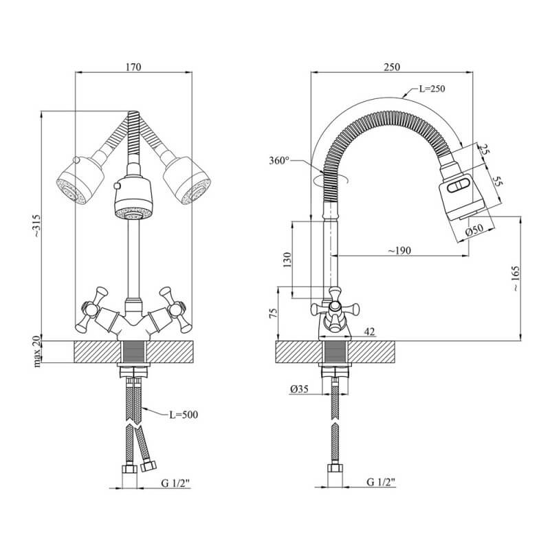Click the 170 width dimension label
(x=133, y=67)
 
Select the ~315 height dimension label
(x=37, y=226)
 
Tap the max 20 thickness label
(x=37, y=351)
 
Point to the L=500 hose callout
(x=184, y=415)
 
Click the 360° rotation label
(x=280, y=160)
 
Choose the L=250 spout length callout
(x=432, y=89)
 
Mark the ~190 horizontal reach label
(x=399, y=250)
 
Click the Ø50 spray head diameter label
(x=474, y=230)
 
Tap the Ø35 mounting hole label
(x=299, y=388)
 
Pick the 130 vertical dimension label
(x=287, y=260)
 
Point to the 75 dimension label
(x=273, y=313)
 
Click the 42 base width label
(x=369, y=331)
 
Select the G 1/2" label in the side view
(x=382, y=482)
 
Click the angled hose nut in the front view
(x=148, y=466)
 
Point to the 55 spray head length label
(x=496, y=181)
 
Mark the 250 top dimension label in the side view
(x=391, y=67)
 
